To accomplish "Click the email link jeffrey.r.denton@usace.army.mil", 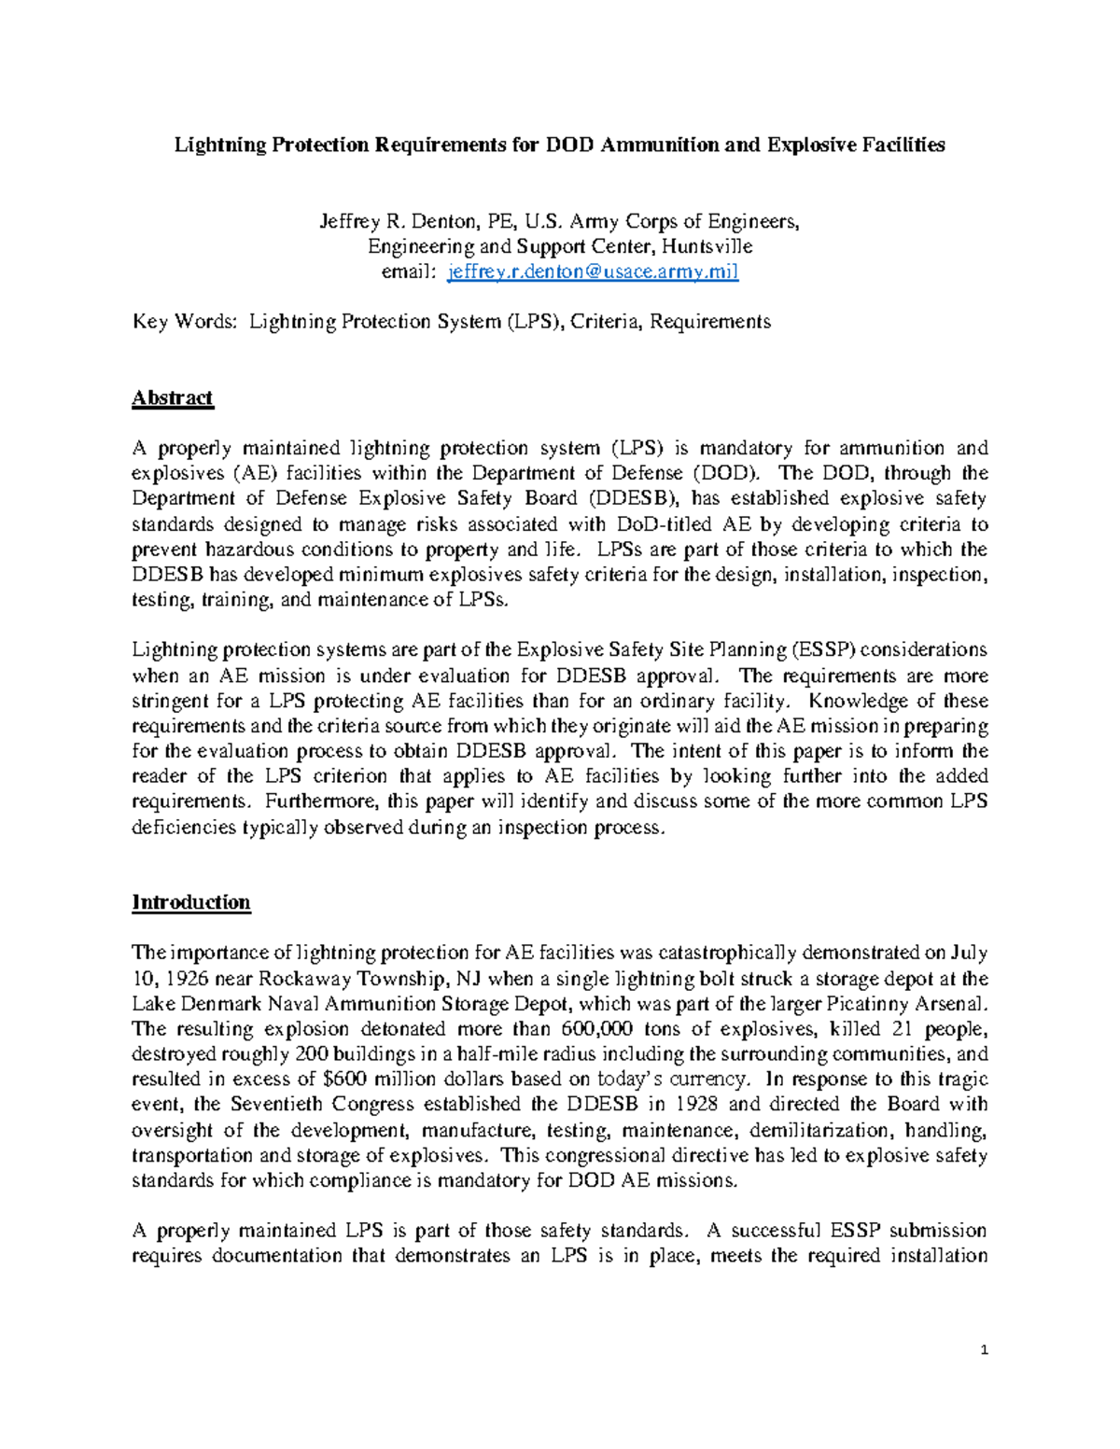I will coord(594,272).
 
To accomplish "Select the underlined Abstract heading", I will coord(173,397).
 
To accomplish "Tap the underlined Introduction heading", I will coord(191,902).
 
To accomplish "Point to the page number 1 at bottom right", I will coord(984,1350).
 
